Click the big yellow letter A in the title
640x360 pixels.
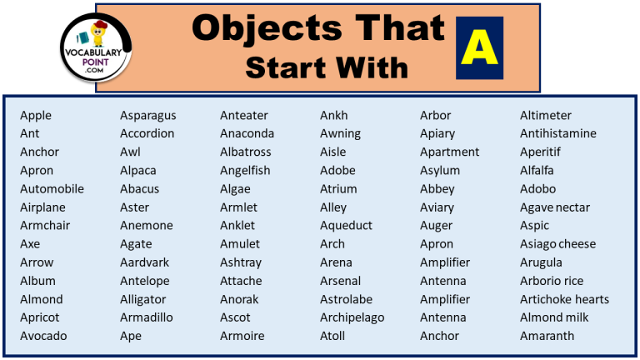479,47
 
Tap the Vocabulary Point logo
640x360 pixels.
97,49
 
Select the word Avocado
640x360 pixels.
43,336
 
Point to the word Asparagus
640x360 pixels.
147,115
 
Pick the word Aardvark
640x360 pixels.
144,262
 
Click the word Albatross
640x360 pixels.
245,152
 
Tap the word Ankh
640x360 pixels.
333,115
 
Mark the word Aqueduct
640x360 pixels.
346,225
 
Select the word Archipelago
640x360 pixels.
352,317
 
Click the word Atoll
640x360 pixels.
332,336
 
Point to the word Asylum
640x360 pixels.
439,170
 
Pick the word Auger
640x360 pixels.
436,225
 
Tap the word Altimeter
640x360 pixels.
546,115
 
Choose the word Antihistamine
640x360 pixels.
557,133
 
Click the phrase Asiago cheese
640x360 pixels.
557,244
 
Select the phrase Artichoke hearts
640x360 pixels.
564,299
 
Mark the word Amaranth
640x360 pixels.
547,336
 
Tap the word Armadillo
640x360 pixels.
146,317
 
